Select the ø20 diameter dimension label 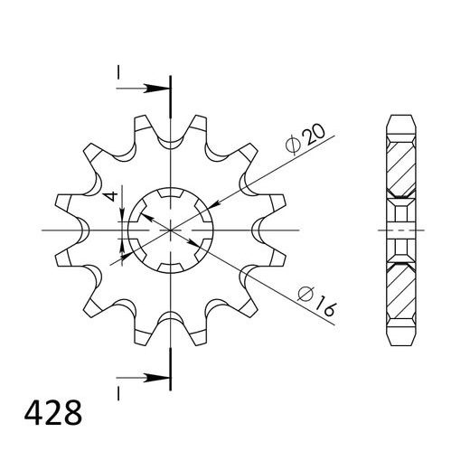pyautogui.click(x=303, y=138)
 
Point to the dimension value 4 pyautogui.click(x=108, y=197)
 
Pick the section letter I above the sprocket pyautogui.click(x=117, y=71)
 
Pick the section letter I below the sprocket pyautogui.click(x=117, y=390)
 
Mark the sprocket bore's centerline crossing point pyautogui.click(x=170, y=230)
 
